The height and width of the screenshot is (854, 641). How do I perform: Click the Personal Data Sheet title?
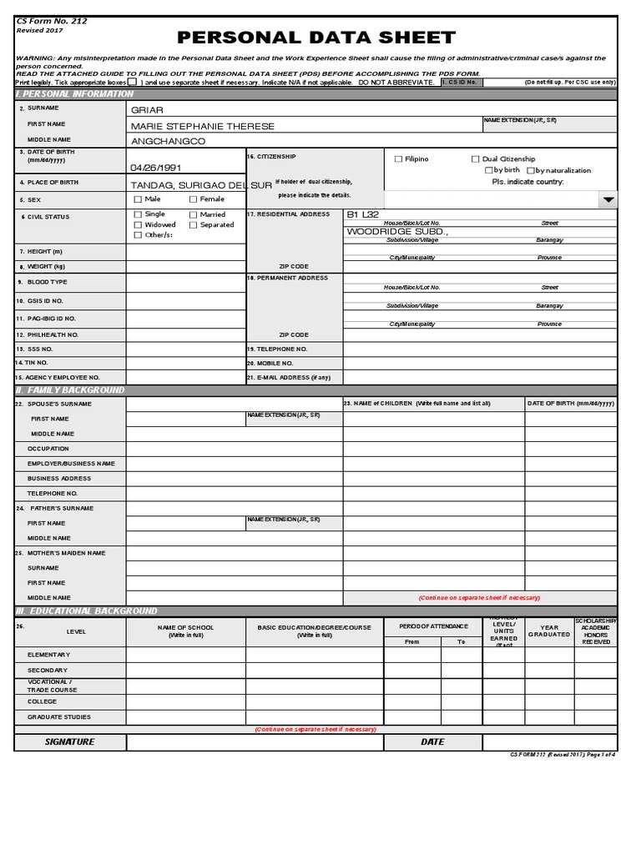point(316,38)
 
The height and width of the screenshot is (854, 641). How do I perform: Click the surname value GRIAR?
point(147,110)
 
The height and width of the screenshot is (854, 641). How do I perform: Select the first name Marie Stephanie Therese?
point(202,126)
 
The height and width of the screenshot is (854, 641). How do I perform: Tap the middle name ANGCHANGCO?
point(168,142)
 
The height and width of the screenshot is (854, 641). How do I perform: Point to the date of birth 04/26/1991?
point(155,167)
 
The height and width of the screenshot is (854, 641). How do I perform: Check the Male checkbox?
point(138,200)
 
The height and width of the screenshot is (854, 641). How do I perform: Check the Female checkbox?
point(194,200)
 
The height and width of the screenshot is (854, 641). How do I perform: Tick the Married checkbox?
point(194,215)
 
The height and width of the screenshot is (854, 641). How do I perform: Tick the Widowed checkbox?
point(138,225)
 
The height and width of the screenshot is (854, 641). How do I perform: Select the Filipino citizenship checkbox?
point(398,159)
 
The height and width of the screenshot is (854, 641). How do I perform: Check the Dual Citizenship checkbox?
point(476,159)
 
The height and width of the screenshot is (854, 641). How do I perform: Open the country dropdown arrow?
point(608,200)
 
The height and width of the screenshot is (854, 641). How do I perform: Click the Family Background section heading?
point(70,390)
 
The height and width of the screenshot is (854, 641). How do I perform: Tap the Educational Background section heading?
point(86,611)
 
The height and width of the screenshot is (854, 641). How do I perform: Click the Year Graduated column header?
point(549,631)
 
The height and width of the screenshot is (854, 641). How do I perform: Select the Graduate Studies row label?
point(59,717)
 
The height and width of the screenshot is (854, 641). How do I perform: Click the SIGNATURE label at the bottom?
point(70,742)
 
